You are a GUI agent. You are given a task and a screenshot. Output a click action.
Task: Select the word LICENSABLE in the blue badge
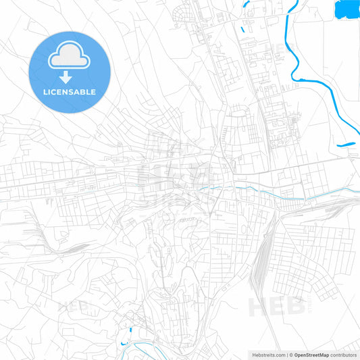(69, 92)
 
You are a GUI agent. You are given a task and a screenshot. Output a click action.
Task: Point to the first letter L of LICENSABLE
(45, 92)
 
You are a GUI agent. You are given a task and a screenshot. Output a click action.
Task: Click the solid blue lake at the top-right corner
(346, 9)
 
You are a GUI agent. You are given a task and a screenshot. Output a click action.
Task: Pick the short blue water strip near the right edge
(346, 143)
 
